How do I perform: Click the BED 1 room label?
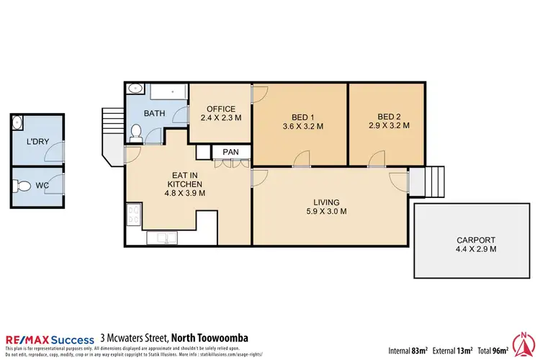(x=302, y=117)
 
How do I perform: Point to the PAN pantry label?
(x=230, y=152)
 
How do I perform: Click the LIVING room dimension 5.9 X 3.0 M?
(x=326, y=212)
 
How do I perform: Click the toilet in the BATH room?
(x=135, y=132)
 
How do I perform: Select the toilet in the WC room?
(x=22, y=186)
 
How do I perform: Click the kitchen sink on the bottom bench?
(x=159, y=238)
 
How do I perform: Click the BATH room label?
(x=154, y=114)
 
